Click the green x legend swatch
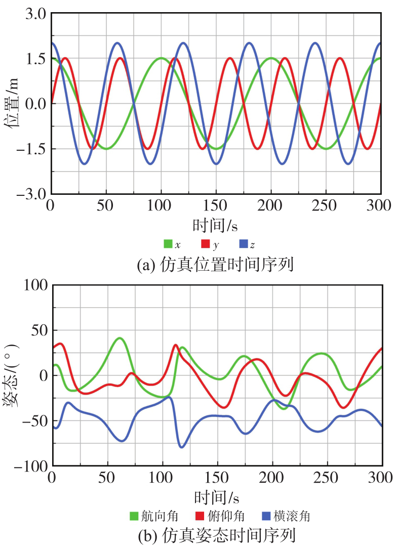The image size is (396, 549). point(169,244)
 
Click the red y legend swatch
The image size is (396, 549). point(206,244)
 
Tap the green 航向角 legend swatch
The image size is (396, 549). point(134,517)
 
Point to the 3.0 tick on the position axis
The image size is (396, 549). point(35,14)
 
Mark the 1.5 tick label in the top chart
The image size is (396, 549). point(35,59)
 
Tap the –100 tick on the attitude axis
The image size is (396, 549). point(30,465)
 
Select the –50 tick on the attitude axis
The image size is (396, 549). point(33,420)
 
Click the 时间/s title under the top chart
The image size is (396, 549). point(215,224)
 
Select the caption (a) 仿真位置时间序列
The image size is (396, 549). point(215,264)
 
